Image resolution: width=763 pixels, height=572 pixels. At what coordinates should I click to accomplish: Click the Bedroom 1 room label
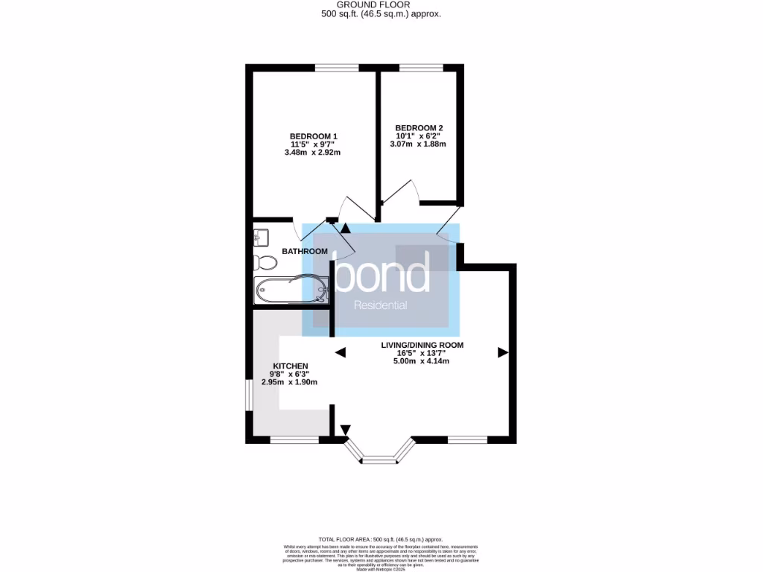(x=314, y=136)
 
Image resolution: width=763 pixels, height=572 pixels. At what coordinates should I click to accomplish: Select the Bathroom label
(x=304, y=252)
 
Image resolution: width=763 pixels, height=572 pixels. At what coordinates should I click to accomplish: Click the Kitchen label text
(x=290, y=366)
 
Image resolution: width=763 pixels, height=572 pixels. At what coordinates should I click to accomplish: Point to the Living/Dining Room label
(x=422, y=345)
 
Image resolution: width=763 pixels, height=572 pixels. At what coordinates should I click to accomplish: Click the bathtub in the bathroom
(x=291, y=289)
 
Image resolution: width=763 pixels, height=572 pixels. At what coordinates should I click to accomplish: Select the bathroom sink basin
(x=261, y=237)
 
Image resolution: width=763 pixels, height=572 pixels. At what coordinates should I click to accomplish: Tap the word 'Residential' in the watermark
(x=381, y=305)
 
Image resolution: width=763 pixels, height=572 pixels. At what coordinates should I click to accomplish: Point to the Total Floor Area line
(x=381, y=538)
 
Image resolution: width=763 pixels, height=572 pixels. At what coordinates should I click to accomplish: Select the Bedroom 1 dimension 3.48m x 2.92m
(x=312, y=153)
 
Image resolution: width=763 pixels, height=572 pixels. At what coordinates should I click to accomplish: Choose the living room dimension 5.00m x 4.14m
(x=422, y=361)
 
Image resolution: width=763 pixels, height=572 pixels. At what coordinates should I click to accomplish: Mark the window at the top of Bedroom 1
(x=335, y=69)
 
